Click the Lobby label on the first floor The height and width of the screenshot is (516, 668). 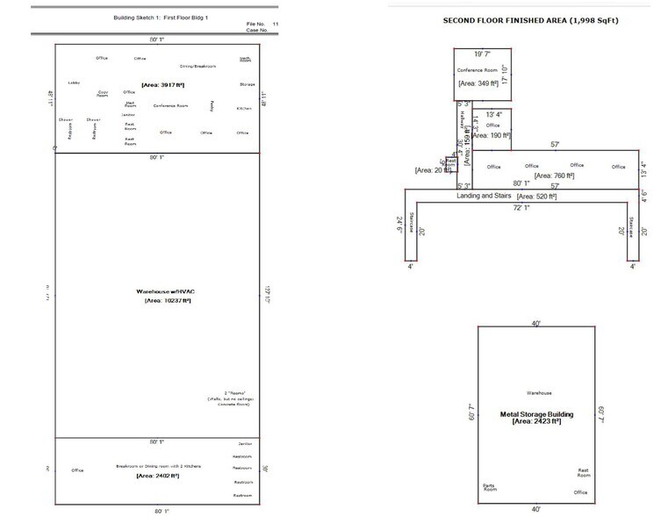[x=74, y=83]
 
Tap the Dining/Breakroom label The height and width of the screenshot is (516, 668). [x=198, y=66]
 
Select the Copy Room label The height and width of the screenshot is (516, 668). [x=103, y=93]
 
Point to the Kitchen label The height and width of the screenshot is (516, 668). [x=244, y=108]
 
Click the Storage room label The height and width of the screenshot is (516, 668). [x=247, y=84]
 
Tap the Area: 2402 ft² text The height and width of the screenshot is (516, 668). [x=159, y=475]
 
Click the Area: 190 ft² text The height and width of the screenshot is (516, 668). [x=492, y=135]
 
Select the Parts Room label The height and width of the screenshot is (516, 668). [x=489, y=487]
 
